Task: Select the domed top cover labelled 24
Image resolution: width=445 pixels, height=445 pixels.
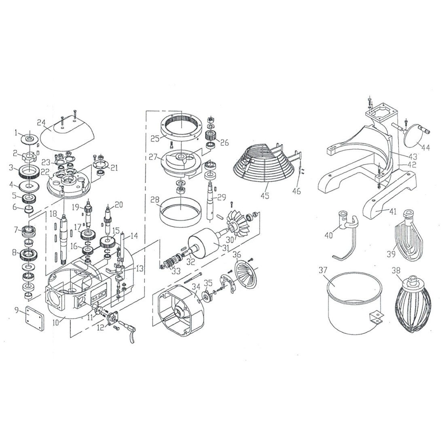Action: [x=67, y=133]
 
